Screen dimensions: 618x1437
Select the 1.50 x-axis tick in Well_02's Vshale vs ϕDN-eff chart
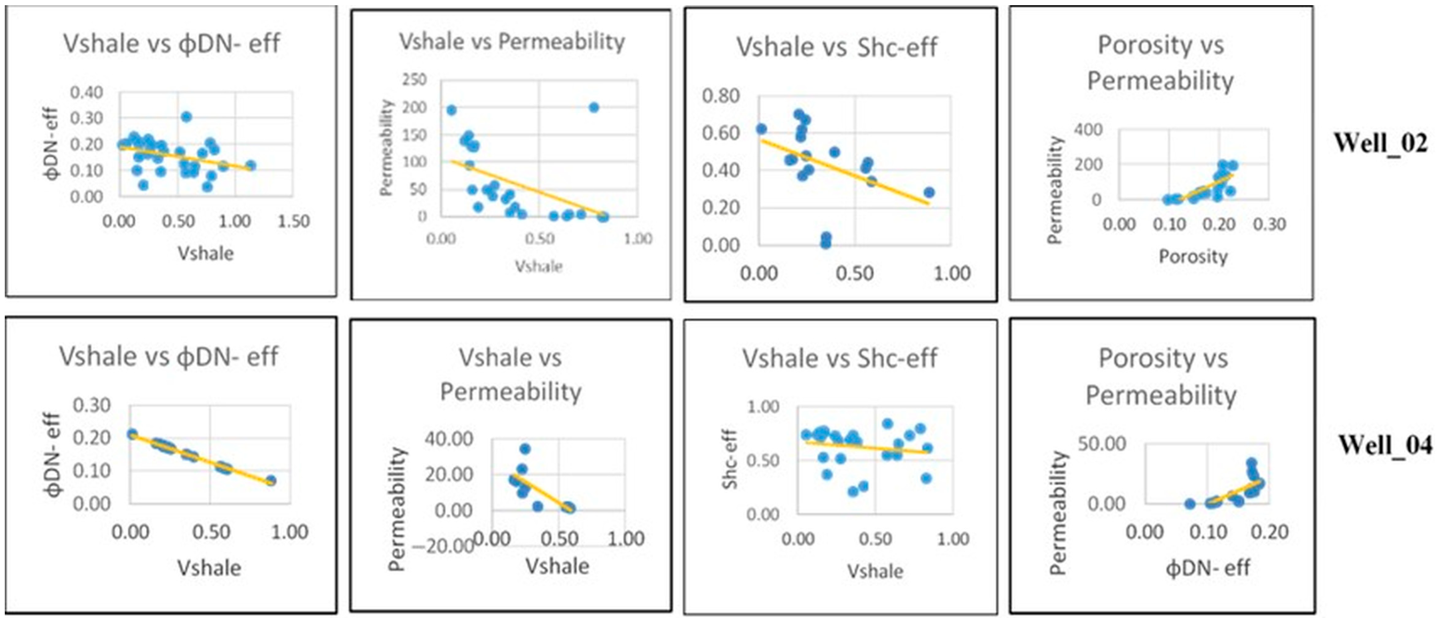(x=293, y=222)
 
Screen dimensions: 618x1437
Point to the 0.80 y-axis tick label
(x=721, y=96)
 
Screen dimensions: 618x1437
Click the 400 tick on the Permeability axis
(x=1088, y=130)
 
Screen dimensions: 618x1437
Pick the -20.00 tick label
(x=443, y=546)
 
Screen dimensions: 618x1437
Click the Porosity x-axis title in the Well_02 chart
(x=1193, y=257)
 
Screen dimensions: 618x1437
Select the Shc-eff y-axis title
(x=730, y=460)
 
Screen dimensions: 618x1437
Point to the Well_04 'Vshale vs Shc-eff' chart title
(x=839, y=358)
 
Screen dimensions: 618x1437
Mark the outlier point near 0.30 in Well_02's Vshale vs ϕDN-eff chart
(x=186, y=116)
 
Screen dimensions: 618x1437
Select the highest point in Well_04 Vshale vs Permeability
(x=525, y=449)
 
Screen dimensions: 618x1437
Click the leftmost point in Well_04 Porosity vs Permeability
(x=1190, y=503)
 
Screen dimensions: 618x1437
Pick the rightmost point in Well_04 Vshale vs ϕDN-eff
(x=271, y=481)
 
